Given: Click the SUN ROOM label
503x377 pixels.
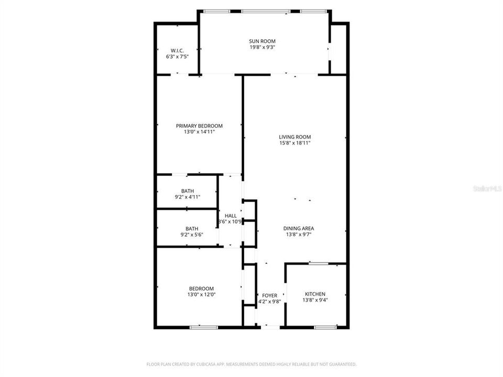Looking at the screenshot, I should [262, 41].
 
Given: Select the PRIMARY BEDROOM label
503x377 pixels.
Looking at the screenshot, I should [199, 126].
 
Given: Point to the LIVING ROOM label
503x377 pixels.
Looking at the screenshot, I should [295, 137].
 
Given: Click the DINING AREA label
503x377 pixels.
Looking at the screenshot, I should [299, 228].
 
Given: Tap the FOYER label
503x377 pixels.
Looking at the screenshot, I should [269, 295].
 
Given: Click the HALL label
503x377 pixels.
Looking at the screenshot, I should [231, 215].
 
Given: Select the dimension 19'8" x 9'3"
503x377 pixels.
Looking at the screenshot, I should [262, 47].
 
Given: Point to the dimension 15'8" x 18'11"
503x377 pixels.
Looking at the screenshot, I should [295, 143].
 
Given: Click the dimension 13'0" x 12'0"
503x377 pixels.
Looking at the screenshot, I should [201, 295].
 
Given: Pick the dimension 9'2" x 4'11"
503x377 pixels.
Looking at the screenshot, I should [188, 197].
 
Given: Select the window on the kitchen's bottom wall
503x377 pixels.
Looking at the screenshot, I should [325, 327].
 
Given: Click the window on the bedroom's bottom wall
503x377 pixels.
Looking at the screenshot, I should [204, 327].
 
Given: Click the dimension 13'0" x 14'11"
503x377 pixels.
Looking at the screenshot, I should [199, 132].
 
